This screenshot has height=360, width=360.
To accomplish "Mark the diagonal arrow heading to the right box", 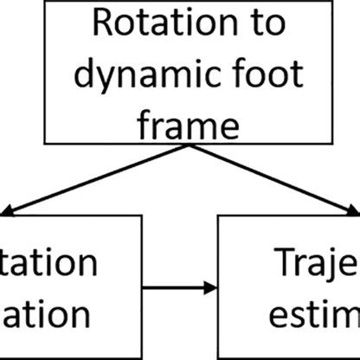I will (x=268, y=177).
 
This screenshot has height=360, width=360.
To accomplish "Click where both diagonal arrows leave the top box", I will (x=179, y=145).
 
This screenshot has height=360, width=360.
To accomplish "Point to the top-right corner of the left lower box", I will (x=139, y=216).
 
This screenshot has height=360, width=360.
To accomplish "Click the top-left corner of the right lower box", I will (x=218, y=216).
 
